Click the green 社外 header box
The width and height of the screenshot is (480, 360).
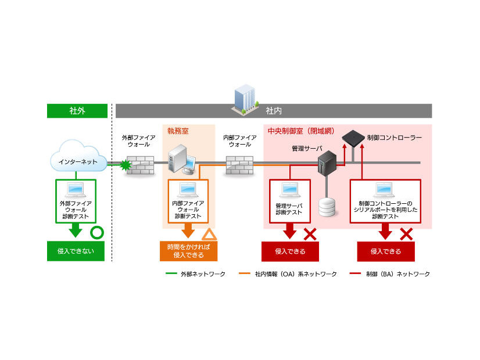(x=77, y=111)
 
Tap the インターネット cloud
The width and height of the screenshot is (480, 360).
(x=78, y=161)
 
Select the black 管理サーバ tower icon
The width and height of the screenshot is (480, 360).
(x=328, y=164)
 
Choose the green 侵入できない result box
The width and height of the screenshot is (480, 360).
(x=76, y=251)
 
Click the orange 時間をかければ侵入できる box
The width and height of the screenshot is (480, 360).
(x=188, y=251)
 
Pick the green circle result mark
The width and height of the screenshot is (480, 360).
(x=97, y=234)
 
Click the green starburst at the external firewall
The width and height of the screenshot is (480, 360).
(x=123, y=166)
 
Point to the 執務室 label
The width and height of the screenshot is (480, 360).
(x=178, y=131)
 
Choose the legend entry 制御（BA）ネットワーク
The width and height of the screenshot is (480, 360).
(x=391, y=273)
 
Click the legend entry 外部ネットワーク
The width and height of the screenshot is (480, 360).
(x=191, y=273)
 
